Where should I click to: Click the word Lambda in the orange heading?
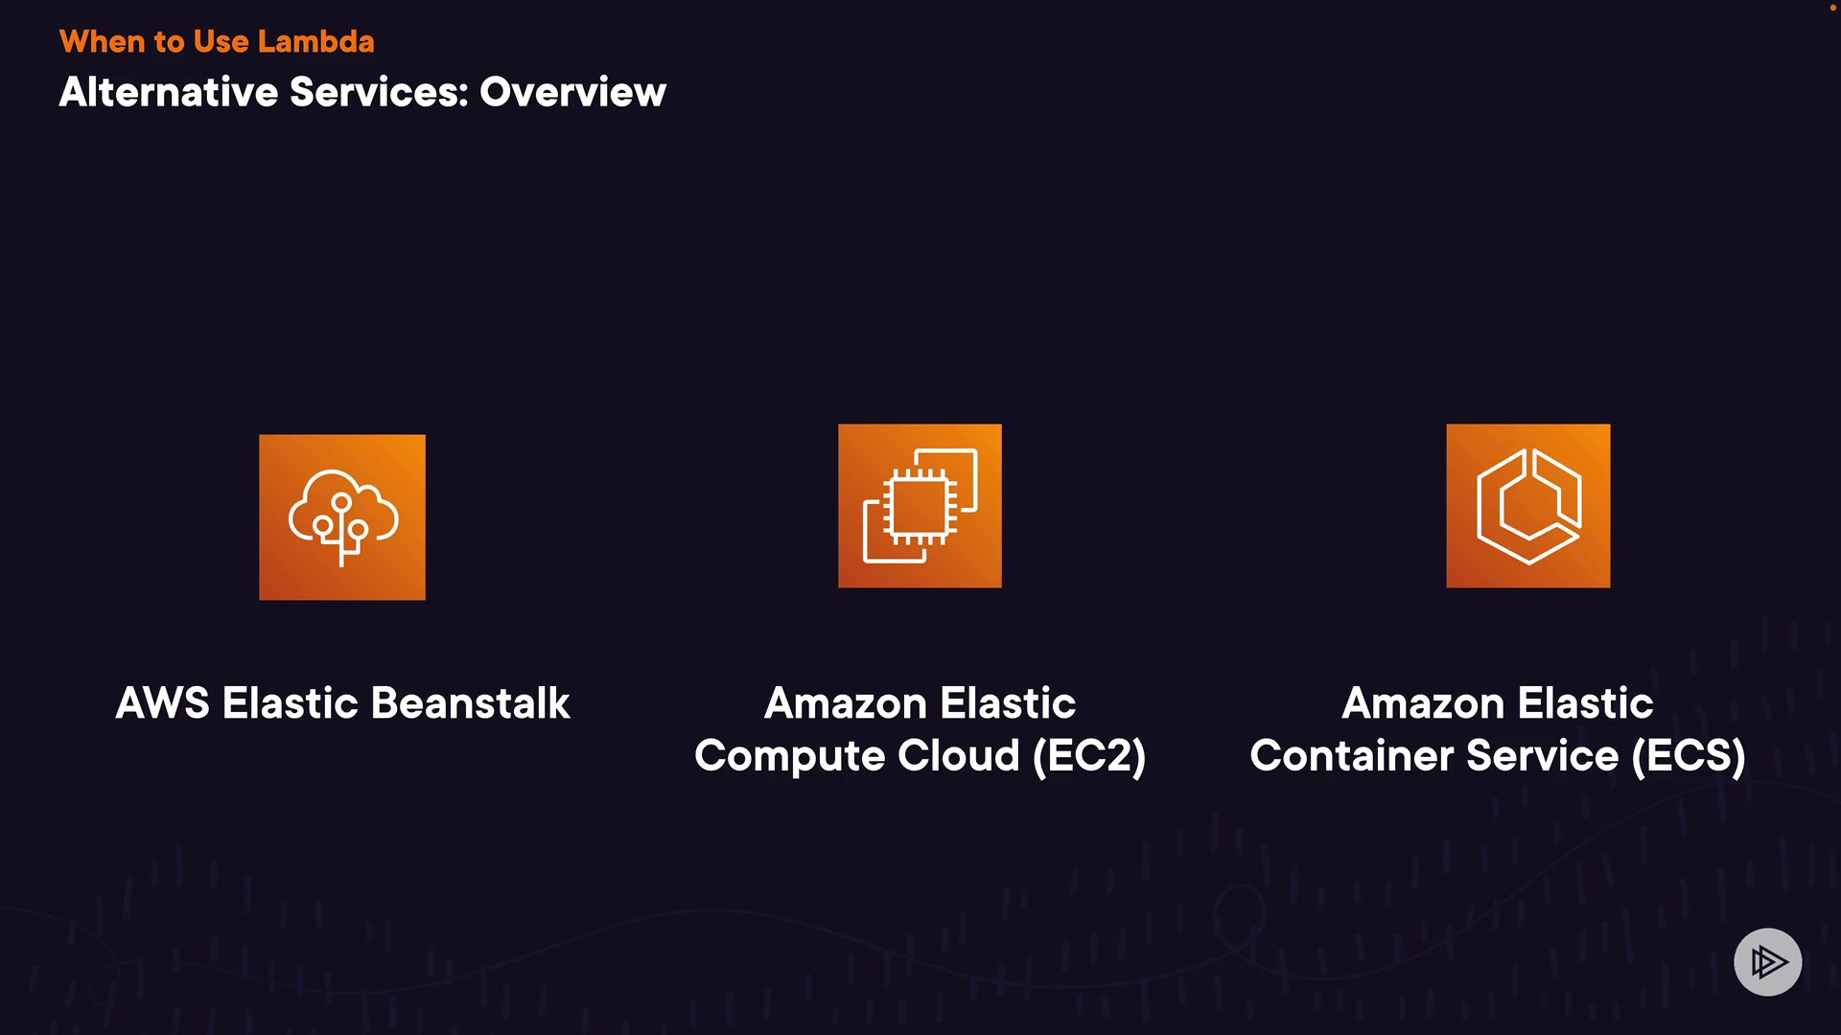click(x=315, y=41)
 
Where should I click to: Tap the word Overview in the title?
click(x=572, y=92)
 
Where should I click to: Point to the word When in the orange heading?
click(x=102, y=41)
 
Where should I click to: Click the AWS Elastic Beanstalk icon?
click(x=342, y=517)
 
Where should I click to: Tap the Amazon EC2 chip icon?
click(x=920, y=506)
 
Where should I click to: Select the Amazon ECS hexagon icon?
click(x=1528, y=506)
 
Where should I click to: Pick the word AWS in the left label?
click(x=162, y=703)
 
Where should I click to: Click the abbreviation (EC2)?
click(x=1089, y=756)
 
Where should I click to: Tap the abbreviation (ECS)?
click(x=1689, y=756)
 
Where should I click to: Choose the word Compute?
click(x=783, y=756)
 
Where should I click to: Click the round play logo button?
click(x=1767, y=961)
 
